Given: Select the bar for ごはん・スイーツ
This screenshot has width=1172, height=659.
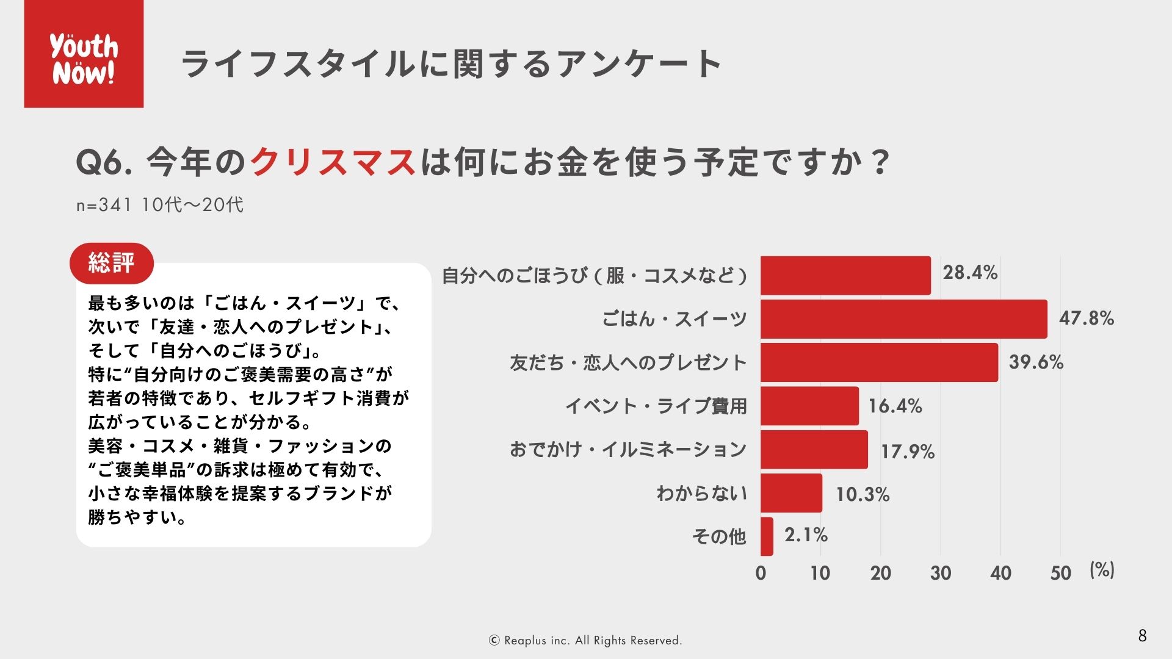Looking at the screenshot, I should tap(903, 319).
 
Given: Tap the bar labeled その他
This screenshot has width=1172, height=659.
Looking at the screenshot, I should tap(767, 536).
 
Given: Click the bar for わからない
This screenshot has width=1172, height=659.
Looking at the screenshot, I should tap(791, 493).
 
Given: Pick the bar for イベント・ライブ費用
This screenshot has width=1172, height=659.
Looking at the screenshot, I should tap(809, 406).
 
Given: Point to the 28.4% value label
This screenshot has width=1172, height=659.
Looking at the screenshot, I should tap(970, 273).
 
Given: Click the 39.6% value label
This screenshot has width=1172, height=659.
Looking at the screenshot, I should tap(1036, 362).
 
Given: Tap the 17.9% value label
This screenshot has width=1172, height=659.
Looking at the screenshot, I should tap(907, 452).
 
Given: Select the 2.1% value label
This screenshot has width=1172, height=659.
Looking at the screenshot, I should tap(806, 535).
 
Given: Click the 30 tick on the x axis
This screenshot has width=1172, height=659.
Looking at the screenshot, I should tap(941, 573).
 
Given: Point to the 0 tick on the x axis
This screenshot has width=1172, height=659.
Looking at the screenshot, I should tap(761, 573).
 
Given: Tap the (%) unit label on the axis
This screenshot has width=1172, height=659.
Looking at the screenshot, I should tap(1102, 571).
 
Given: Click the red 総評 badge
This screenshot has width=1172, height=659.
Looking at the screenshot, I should tap(112, 263).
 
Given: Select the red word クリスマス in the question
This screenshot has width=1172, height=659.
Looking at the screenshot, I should tap(333, 163).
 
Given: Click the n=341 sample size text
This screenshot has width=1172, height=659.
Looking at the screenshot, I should tap(104, 205).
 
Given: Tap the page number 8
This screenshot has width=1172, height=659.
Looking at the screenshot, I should tap(1142, 636).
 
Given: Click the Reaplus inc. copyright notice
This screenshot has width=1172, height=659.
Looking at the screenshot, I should tap(585, 641).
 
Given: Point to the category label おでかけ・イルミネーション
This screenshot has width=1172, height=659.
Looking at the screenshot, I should tap(628, 450).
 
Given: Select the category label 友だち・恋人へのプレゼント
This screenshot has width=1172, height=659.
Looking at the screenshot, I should tap(628, 363).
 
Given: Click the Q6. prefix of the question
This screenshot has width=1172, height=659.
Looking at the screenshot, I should tap(104, 163).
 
